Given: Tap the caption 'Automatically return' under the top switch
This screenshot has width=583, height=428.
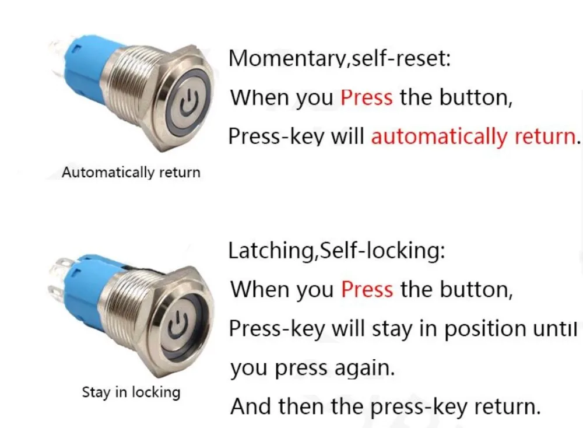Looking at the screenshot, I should pyautogui.click(x=131, y=173).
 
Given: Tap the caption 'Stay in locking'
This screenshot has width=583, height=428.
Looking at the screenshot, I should pyautogui.click(x=131, y=392).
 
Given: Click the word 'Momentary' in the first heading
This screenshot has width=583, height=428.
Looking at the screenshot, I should pyautogui.click(x=286, y=59).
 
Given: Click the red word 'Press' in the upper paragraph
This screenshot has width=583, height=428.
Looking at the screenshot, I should pyautogui.click(x=367, y=97).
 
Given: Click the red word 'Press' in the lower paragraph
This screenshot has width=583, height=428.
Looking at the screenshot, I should pyautogui.click(x=367, y=289).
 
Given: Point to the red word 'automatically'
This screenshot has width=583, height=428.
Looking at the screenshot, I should pyautogui.click(x=440, y=136).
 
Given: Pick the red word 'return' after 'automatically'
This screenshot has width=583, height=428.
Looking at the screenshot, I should pyautogui.click(x=545, y=136).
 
